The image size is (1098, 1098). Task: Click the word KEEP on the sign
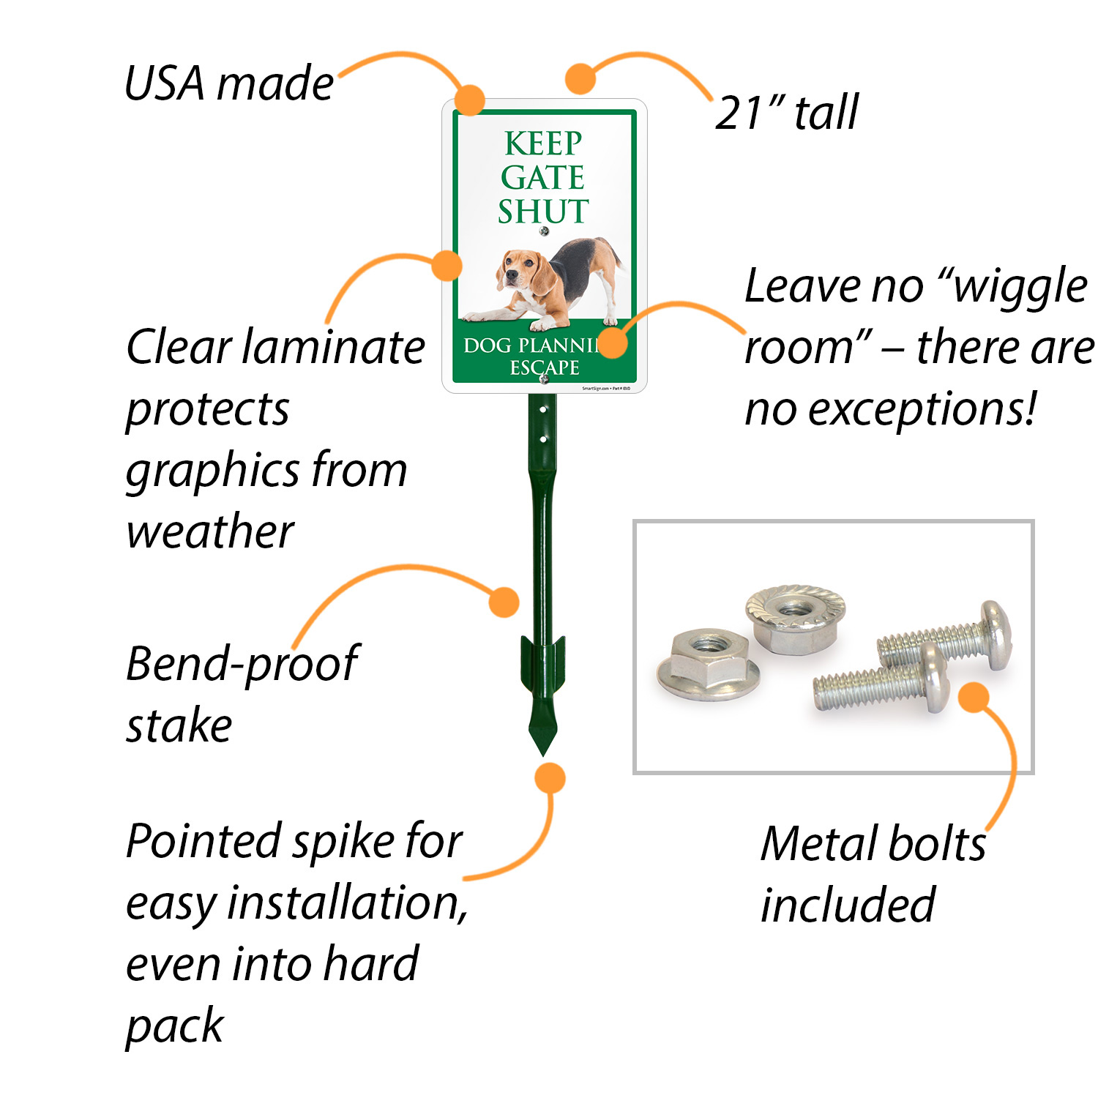tap(543, 143)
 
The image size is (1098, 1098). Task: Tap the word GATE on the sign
tap(543, 177)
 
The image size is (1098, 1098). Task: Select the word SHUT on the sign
tap(543, 212)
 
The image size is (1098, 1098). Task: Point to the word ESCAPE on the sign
tap(544, 367)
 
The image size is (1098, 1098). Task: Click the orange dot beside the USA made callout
tap(470, 99)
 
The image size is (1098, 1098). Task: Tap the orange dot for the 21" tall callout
tap(580, 78)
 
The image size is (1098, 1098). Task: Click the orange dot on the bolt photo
tap(974, 697)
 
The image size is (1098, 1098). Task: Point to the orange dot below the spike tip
tap(549, 777)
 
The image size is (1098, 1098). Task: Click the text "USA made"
tap(229, 83)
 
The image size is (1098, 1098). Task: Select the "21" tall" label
tap(787, 113)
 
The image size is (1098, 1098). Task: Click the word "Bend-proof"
tap(242, 663)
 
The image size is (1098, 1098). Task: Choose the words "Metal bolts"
tap(873, 843)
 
